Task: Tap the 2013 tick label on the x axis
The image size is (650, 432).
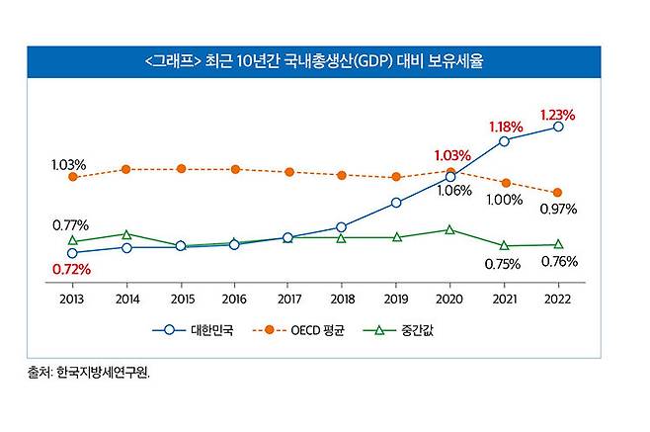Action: click(x=72, y=298)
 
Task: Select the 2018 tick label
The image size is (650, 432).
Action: click(x=342, y=298)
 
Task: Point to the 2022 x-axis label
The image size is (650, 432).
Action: click(x=558, y=298)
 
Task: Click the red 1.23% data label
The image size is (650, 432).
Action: click(x=557, y=115)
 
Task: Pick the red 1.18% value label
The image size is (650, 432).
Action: click(x=506, y=128)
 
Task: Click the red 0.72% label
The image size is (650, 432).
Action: click(x=71, y=269)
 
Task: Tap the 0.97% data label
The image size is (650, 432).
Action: click(x=558, y=210)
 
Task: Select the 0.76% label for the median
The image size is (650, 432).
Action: click(x=559, y=262)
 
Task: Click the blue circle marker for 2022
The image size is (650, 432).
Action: click(x=558, y=127)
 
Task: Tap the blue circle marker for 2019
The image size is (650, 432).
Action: click(x=396, y=203)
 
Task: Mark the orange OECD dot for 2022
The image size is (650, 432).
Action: click(x=558, y=193)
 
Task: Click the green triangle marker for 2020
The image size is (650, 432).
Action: click(x=450, y=229)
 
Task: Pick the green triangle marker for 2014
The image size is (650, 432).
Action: click(x=126, y=234)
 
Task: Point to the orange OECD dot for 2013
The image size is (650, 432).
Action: click(x=72, y=177)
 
